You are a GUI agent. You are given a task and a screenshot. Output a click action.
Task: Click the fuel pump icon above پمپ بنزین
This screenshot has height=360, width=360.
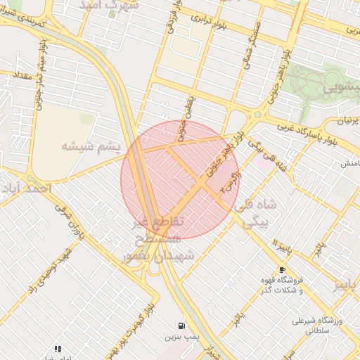tap(182, 326)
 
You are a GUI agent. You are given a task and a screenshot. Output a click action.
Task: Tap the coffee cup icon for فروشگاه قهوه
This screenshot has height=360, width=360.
tap(282, 269)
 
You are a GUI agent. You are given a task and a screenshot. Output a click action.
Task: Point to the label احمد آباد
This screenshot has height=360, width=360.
tap(27, 189)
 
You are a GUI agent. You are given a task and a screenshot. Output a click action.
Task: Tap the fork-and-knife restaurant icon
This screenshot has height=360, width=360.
tap(58, 348)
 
